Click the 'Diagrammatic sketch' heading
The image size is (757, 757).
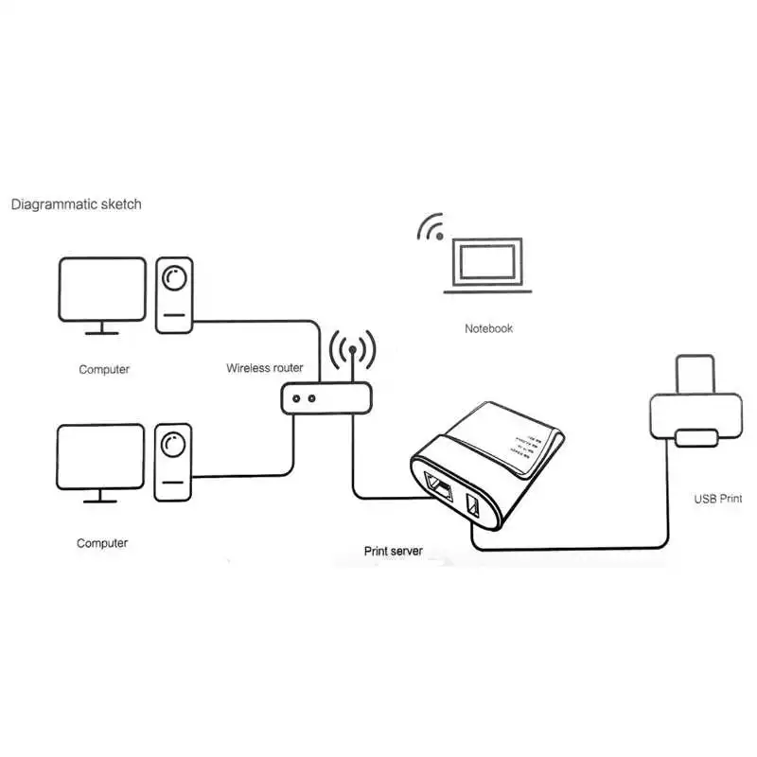(75, 204)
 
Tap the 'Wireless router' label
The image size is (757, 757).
(264, 367)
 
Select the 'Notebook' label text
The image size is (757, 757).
(488, 329)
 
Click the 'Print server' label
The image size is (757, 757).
(394, 550)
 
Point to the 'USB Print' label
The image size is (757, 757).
(716, 498)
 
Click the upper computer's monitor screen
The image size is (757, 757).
(102, 290)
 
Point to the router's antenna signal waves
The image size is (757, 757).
(352, 352)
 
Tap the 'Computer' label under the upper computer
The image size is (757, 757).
(104, 369)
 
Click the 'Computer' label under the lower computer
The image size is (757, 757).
(102, 543)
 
